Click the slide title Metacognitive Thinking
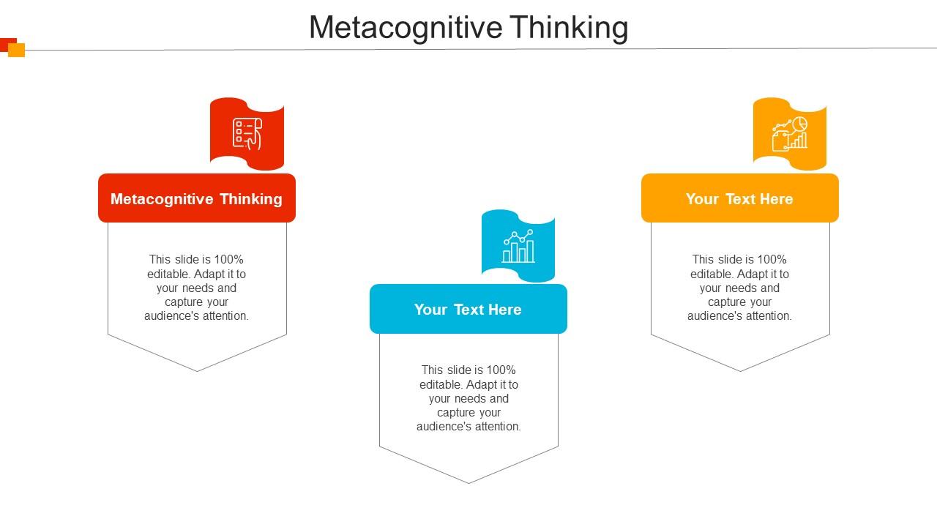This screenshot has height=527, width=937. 468,28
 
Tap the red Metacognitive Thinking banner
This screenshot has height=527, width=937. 197,198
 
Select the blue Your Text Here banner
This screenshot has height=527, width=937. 468,309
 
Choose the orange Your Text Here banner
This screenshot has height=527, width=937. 739,198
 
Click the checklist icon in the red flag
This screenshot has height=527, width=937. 247,134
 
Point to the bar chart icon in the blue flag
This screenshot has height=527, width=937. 518,246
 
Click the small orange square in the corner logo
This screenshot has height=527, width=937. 16,50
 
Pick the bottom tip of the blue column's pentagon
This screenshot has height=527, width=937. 469,484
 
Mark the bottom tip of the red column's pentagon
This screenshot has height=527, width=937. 198,371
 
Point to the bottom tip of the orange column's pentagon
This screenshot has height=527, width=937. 740,371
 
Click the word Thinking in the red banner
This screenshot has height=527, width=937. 251,199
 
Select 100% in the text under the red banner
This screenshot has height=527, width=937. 228,259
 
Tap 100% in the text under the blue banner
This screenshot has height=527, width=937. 501,370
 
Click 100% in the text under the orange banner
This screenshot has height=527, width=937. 772,259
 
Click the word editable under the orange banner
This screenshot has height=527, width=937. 711,274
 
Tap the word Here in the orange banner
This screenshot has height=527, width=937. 776,198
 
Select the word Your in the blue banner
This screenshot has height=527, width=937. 431,310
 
